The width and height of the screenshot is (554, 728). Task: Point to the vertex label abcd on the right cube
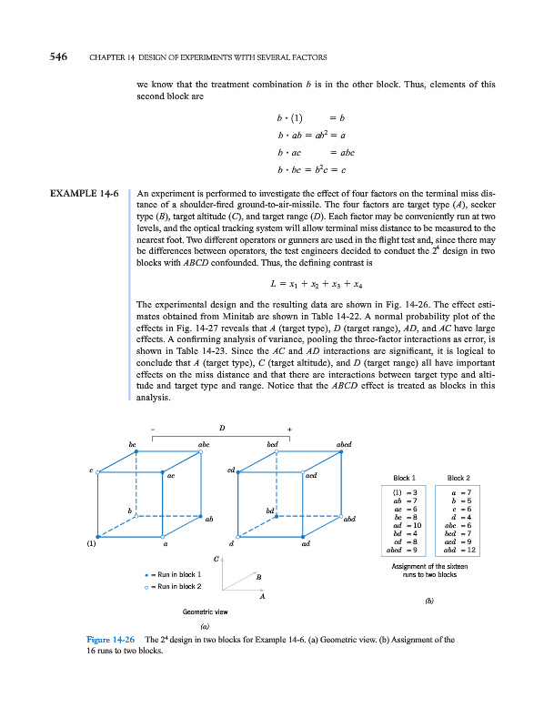click(x=351, y=444)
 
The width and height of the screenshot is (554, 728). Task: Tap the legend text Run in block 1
click(x=178, y=575)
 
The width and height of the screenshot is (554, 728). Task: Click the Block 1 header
click(x=405, y=478)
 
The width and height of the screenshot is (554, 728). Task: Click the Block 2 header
click(x=458, y=478)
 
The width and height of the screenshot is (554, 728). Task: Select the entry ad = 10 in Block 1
click(x=405, y=526)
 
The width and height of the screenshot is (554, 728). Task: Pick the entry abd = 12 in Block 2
click(x=458, y=550)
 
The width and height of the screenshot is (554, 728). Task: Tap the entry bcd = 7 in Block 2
click(x=458, y=533)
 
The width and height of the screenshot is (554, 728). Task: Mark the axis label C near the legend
click(x=217, y=558)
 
